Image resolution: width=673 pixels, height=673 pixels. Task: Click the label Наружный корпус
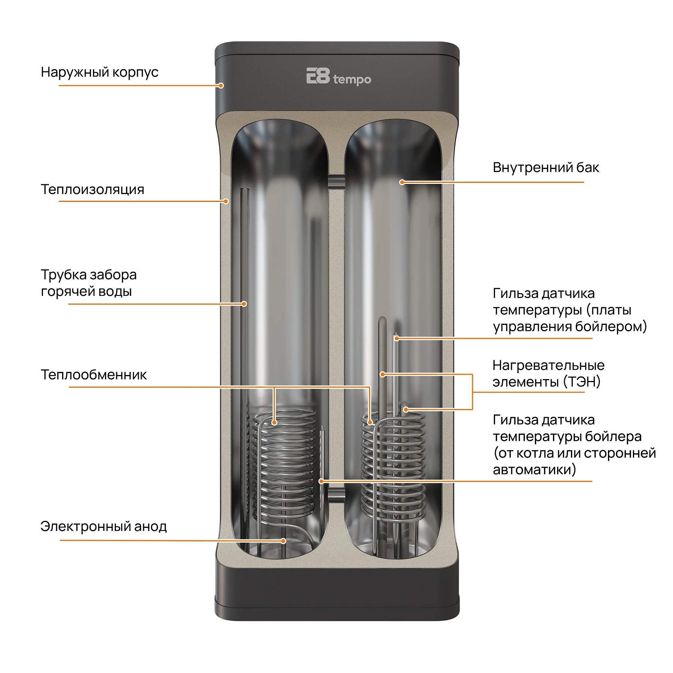pyautogui.click(x=99, y=72)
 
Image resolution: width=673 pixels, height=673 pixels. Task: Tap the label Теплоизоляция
pyautogui.click(x=92, y=189)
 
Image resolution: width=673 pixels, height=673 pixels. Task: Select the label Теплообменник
pyautogui.click(x=94, y=375)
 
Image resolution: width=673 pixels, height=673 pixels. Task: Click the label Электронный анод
pyautogui.click(x=104, y=526)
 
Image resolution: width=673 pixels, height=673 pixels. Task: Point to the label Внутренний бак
pyautogui.click(x=546, y=168)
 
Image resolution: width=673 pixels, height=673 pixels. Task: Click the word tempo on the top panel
pyautogui.click(x=352, y=80)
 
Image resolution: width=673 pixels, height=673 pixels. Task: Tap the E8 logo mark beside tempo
pyautogui.click(x=318, y=76)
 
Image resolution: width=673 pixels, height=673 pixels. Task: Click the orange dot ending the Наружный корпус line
pyautogui.click(x=221, y=86)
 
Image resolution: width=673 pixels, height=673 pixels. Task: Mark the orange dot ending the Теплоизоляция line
pyautogui.click(x=226, y=202)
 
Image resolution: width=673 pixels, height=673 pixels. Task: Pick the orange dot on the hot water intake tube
pyautogui.click(x=244, y=304)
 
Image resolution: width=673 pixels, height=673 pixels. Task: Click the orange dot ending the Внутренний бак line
pyautogui.click(x=402, y=182)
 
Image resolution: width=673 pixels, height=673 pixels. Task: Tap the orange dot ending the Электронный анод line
pyautogui.click(x=283, y=541)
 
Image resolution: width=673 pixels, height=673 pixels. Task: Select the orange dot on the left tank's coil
pyautogui.click(x=274, y=422)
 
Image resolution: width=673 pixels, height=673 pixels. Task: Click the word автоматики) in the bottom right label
pyautogui.click(x=534, y=469)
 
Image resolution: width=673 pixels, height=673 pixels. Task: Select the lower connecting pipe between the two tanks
pyautogui.click(x=336, y=494)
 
